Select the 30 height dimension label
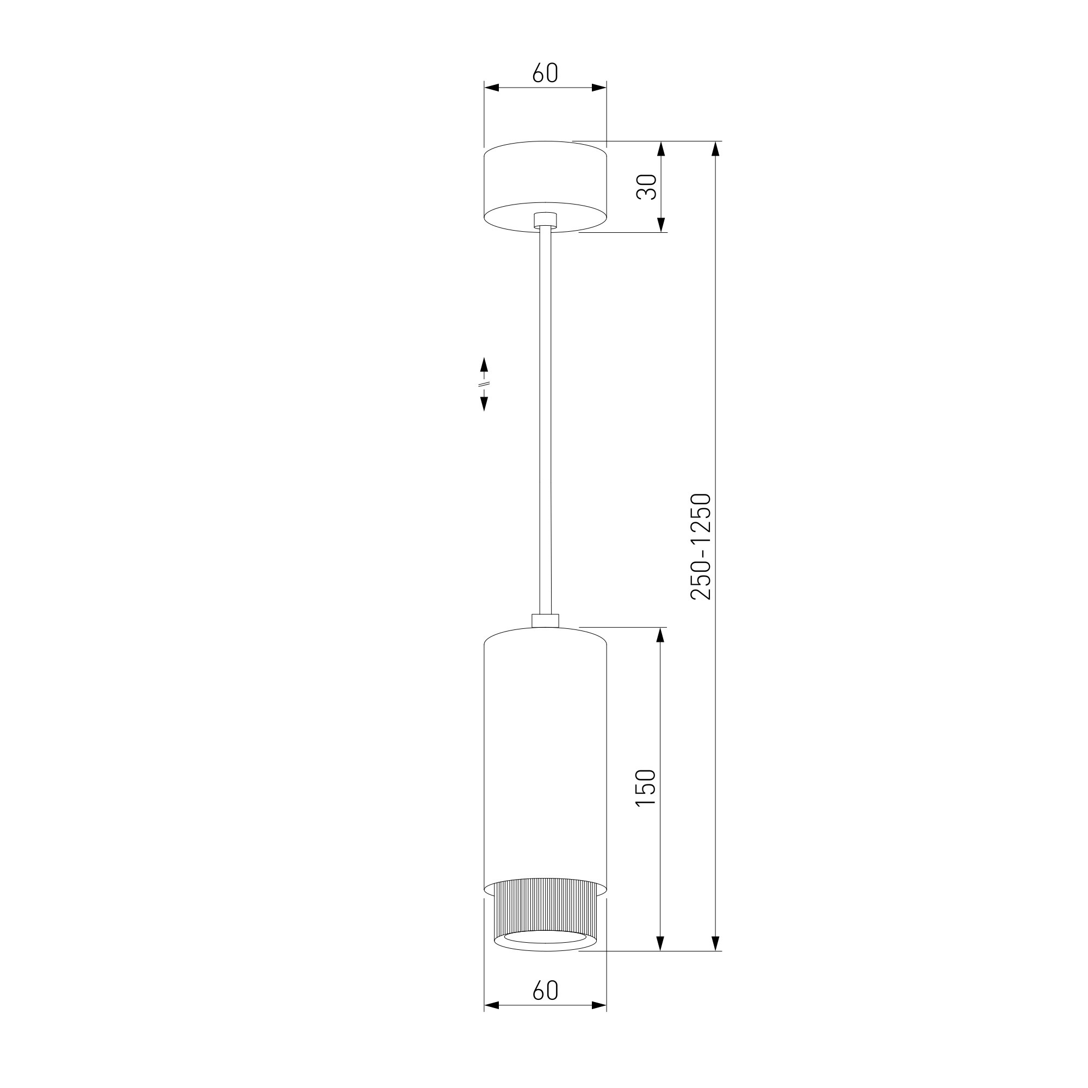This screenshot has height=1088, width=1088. point(646,187)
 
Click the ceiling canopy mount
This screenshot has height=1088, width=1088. point(545,187)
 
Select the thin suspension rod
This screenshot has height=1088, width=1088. point(545,419)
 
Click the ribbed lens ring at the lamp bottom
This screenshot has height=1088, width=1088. point(545,922)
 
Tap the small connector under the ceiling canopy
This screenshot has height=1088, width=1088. point(545,220)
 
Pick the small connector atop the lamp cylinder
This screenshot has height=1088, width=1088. point(545,621)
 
